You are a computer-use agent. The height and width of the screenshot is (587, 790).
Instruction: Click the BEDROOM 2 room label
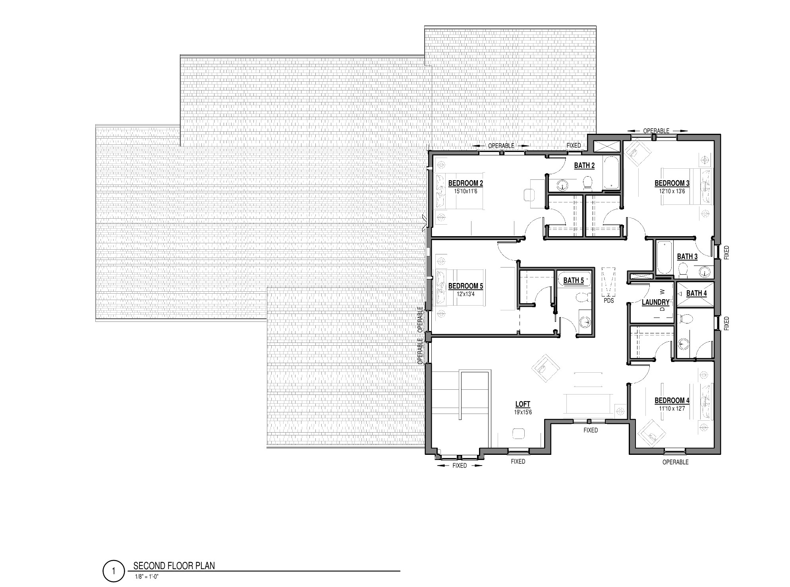pyautogui.click(x=466, y=183)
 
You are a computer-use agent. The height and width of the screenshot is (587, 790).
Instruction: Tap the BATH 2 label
pyautogui.click(x=584, y=166)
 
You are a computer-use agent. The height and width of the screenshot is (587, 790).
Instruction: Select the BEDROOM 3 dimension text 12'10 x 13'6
pyautogui.click(x=672, y=191)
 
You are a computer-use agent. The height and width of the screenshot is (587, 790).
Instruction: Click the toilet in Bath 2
pyautogui.click(x=588, y=183)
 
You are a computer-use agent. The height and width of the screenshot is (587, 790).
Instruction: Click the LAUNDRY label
pyautogui.click(x=655, y=302)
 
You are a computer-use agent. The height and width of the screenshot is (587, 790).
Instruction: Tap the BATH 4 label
pyautogui.click(x=696, y=293)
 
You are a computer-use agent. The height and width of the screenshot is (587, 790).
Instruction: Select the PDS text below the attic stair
pyautogui.click(x=608, y=300)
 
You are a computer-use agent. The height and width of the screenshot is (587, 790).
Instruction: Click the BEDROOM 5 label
pyautogui.click(x=466, y=286)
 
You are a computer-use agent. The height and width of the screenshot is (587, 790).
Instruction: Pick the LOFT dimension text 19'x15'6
pyautogui.click(x=523, y=412)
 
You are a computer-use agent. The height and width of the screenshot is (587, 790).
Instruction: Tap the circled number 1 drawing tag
pyautogui.click(x=113, y=572)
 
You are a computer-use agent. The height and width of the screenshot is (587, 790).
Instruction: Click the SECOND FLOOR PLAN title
pyautogui.click(x=174, y=566)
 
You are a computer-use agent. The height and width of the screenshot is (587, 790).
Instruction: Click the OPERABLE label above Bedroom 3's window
pyautogui.click(x=656, y=131)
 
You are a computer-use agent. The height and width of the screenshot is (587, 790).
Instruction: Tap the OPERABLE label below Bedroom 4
pyautogui.click(x=675, y=462)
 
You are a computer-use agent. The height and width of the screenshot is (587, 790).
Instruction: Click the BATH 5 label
pyautogui.click(x=574, y=281)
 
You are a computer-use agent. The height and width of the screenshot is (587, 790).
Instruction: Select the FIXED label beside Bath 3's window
pyautogui.click(x=726, y=252)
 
